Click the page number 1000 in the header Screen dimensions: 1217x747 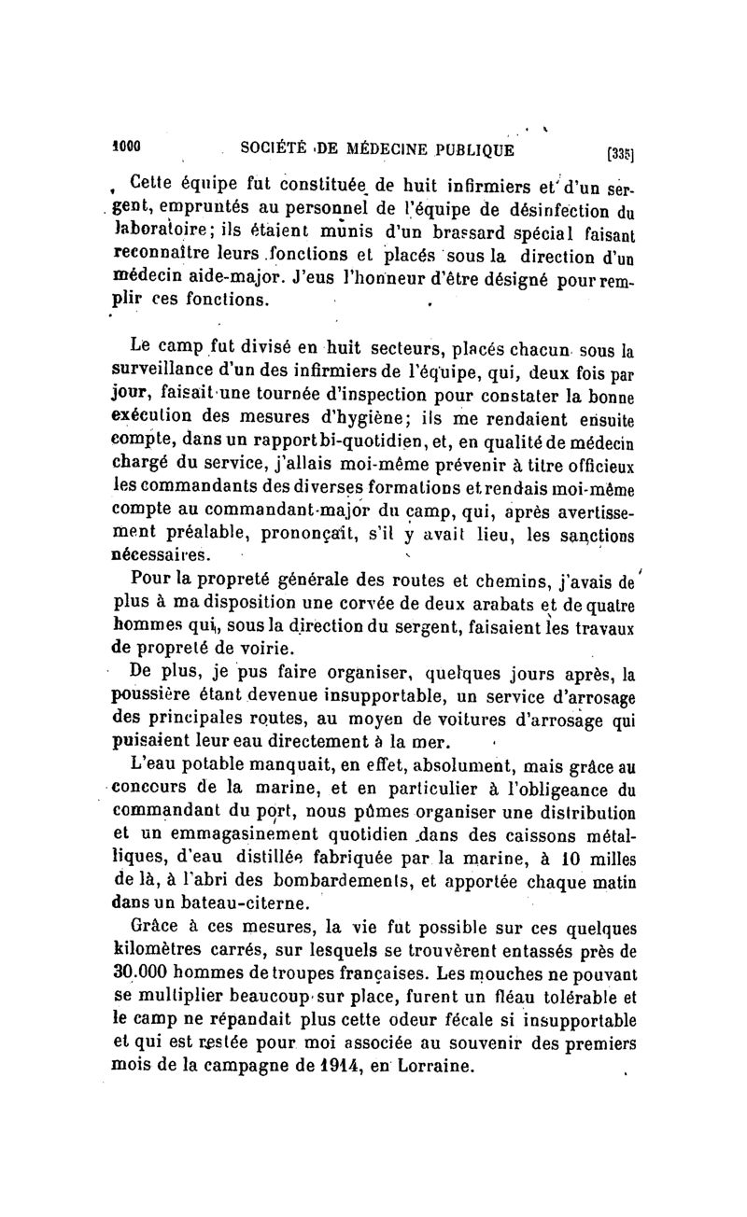pos(126,147)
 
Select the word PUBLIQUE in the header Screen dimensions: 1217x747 pos(471,147)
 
